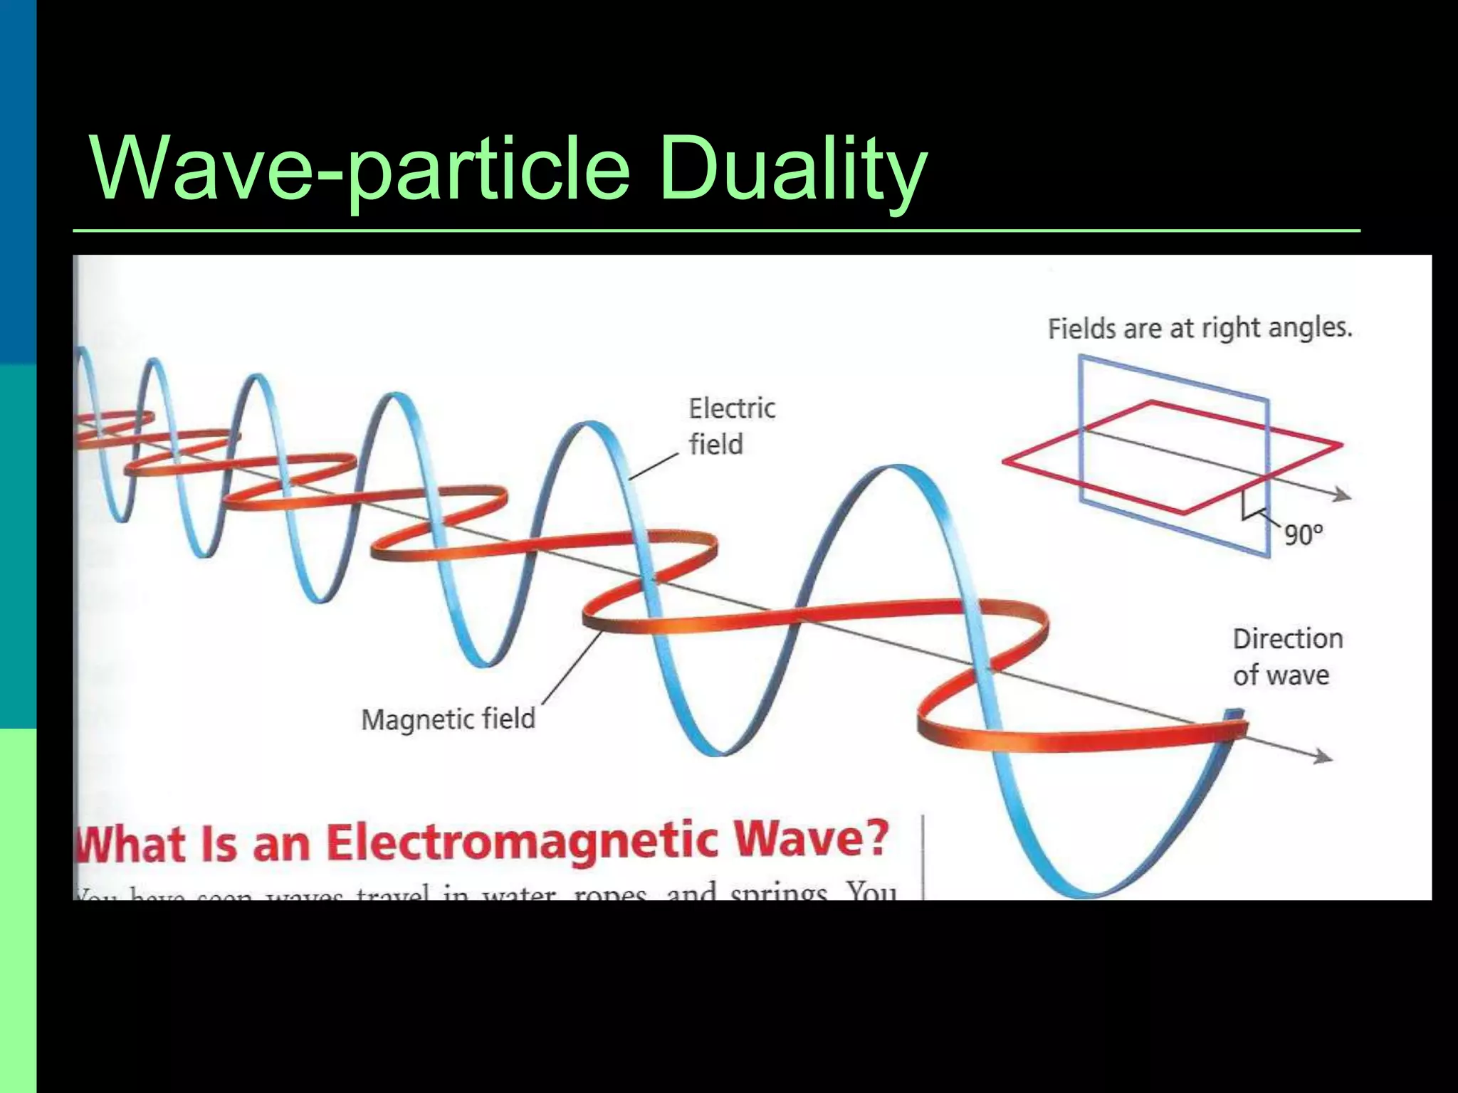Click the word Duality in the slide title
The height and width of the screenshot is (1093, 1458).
coord(792,170)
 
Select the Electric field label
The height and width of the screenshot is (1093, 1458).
coord(731,426)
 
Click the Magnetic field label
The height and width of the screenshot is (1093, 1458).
coord(448,719)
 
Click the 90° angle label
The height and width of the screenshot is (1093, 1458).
coord(1303,534)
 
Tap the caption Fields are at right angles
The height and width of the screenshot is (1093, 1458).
coord(1200,329)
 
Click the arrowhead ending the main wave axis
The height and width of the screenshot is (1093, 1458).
coord(1323,757)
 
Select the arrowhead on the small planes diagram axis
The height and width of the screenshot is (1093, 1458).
coord(1342,495)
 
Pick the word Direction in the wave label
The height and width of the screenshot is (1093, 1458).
coord(1287,639)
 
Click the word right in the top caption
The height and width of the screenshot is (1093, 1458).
coord(1230,329)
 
